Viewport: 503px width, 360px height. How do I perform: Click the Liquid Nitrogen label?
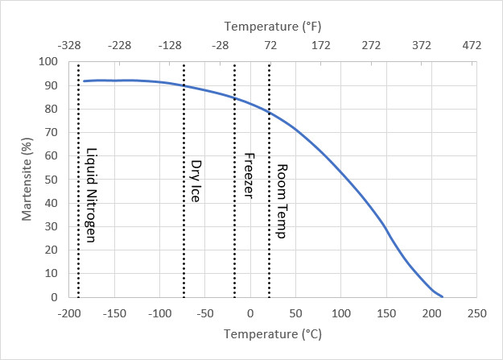pos(92,195)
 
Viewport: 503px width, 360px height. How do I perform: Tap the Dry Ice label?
pos(196,180)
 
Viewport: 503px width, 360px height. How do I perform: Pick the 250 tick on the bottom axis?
pos(477,312)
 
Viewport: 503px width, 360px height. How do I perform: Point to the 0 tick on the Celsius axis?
pos(250,312)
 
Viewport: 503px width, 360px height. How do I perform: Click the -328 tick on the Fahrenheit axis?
pos(68,46)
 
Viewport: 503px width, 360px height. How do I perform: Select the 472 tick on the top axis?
pos(472,46)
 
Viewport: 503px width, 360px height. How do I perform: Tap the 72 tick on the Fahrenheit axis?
pos(270,46)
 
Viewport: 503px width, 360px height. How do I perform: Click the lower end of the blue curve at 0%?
pos(442,296)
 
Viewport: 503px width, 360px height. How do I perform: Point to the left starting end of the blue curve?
pos(83,81)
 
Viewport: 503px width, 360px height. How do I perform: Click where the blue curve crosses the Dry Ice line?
pos(183,86)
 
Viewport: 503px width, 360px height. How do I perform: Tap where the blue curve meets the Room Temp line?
pos(269,112)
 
